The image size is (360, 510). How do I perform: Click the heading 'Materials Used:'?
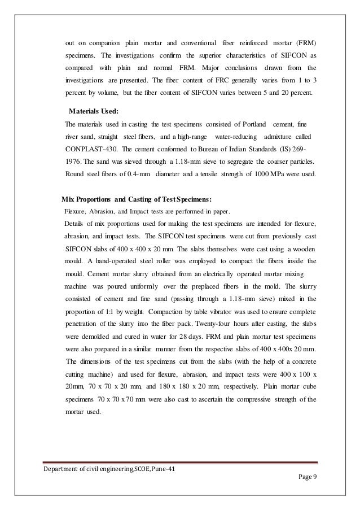(93, 111)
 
